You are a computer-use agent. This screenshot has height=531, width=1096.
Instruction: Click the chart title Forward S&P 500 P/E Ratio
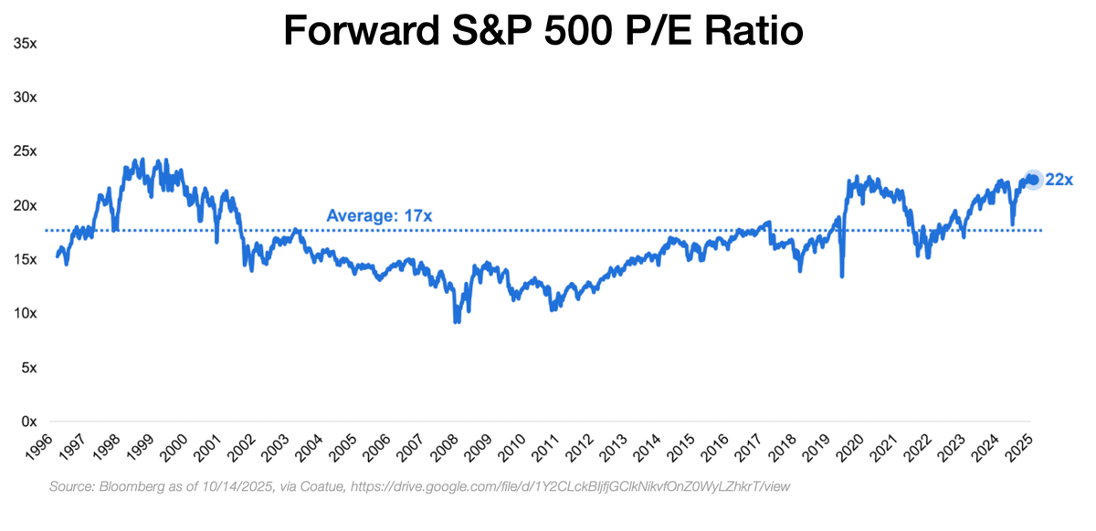pyautogui.click(x=543, y=31)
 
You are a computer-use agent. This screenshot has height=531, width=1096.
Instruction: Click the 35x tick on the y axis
pyautogui.click(x=24, y=43)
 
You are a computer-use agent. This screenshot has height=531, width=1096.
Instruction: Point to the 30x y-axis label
pyautogui.click(x=24, y=97)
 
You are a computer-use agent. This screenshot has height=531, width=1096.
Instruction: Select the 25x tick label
pyautogui.click(x=24, y=151)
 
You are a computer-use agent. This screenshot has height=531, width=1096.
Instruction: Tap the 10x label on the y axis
pyautogui.click(x=24, y=314)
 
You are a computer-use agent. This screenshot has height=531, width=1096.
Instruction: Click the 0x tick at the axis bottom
pyautogui.click(x=27, y=422)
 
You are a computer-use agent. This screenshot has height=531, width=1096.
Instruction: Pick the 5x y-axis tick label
pyautogui.click(x=27, y=369)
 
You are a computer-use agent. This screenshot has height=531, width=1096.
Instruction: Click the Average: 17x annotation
pyautogui.click(x=379, y=216)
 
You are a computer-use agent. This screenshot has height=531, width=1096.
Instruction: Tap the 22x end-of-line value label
pyautogui.click(x=1059, y=180)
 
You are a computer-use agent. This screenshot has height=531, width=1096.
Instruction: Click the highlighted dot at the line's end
pyautogui.click(x=1033, y=180)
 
